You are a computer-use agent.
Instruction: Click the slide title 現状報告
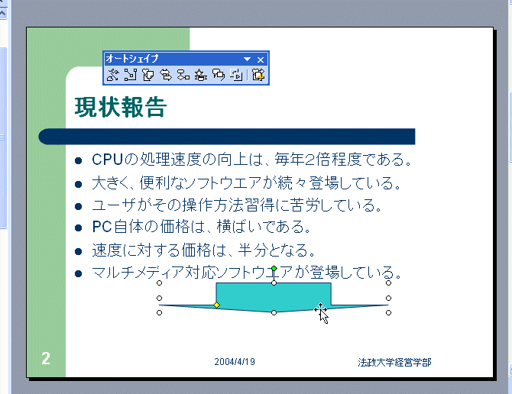(x=121, y=107)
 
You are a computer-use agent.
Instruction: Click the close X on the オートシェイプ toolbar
(x=261, y=60)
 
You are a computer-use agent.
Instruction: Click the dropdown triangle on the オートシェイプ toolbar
(x=247, y=60)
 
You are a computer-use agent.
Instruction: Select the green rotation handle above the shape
(x=274, y=269)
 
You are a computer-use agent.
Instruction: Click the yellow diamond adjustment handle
(x=216, y=305)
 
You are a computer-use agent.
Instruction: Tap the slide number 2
(x=46, y=358)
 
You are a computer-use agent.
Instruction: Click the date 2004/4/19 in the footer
(x=235, y=362)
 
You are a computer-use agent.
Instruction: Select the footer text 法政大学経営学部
(x=394, y=363)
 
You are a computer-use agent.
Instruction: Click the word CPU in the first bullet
(x=107, y=160)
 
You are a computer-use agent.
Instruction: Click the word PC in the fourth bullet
(x=102, y=227)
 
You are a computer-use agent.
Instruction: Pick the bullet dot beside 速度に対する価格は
(x=78, y=251)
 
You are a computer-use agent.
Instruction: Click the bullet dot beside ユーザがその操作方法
(x=78, y=206)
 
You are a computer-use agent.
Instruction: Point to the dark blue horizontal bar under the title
(x=227, y=137)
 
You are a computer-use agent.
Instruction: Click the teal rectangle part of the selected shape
(x=274, y=294)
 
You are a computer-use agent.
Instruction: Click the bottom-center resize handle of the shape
(x=274, y=313)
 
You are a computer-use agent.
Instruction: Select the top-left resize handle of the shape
(x=160, y=283)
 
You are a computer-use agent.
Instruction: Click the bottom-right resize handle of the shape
(x=388, y=313)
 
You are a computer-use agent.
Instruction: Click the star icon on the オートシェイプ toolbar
(x=201, y=75)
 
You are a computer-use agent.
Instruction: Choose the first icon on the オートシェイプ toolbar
(x=112, y=75)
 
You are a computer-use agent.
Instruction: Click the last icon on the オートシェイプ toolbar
(x=258, y=75)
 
